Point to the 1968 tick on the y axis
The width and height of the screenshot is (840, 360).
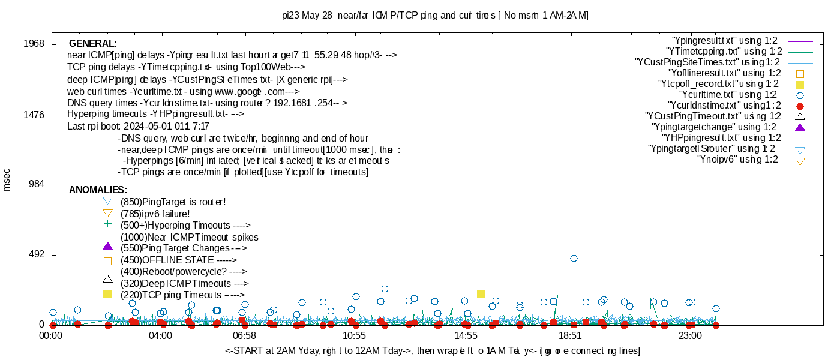click(34, 44)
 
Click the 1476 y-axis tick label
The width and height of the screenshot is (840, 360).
click(34, 115)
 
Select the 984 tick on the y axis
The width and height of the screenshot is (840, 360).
click(37, 185)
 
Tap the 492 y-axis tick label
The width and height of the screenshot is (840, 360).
click(37, 255)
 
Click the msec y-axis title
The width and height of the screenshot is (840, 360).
click(7, 180)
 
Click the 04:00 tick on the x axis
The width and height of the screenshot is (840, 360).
click(161, 337)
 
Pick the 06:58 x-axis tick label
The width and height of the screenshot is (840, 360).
click(244, 337)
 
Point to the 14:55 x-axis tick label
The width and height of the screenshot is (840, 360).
click(466, 337)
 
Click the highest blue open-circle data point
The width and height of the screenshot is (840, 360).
click(574, 258)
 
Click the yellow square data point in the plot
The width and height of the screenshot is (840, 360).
click(481, 294)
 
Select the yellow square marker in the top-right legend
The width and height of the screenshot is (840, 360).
click(799, 85)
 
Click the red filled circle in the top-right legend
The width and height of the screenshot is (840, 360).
click(799, 106)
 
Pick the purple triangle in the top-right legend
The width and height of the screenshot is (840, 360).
click(799, 127)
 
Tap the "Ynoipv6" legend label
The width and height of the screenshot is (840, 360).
click(737, 160)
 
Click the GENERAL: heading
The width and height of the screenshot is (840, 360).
click(93, 44)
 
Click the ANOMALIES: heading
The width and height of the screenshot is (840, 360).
click(98, 190)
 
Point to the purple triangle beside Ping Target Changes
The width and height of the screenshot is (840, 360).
click(107, 246)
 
